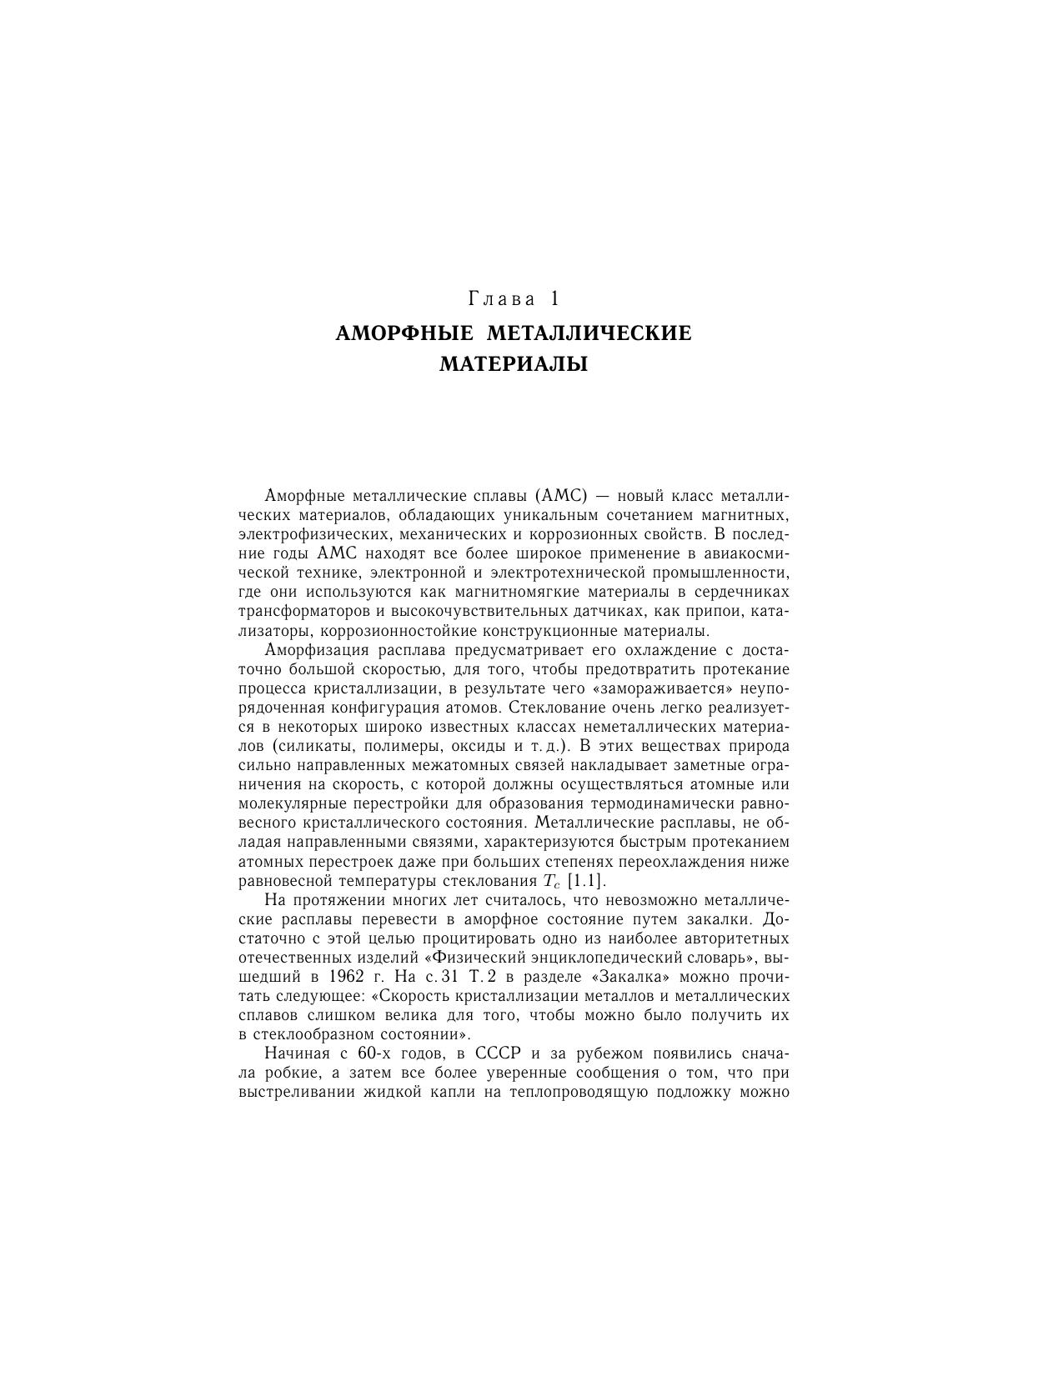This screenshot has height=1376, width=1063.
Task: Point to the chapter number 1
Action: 554,298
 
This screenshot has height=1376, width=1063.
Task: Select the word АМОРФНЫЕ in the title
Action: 404,333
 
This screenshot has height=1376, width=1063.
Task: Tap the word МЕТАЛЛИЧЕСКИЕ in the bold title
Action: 589,333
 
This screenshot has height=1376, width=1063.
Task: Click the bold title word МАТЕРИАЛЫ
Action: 514,364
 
